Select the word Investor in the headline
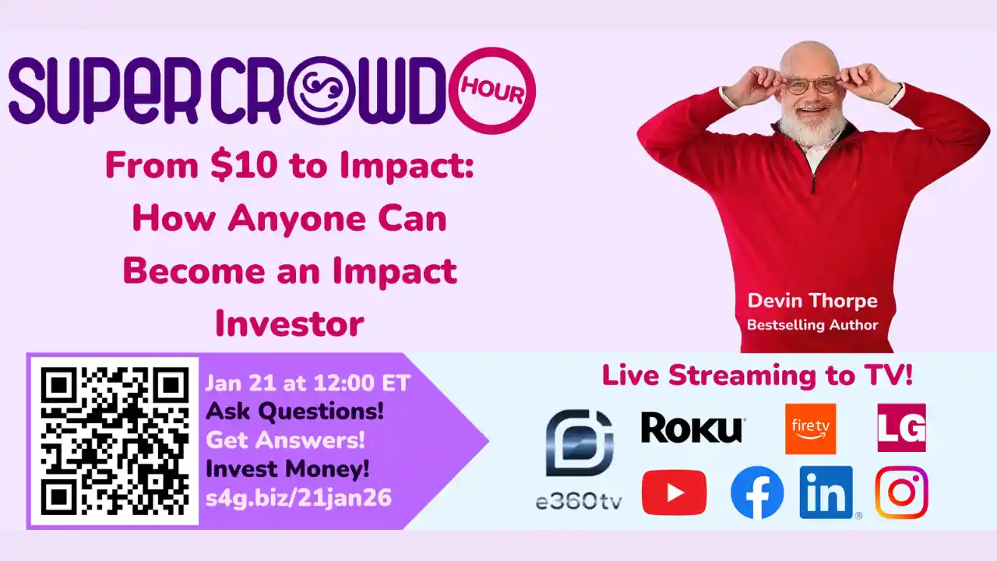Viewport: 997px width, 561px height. tap(290, 323)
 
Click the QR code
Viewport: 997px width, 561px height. tap(114, 441)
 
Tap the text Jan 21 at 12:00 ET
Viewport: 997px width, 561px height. tap(308, 383)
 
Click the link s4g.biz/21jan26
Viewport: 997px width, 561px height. tap(298, 498)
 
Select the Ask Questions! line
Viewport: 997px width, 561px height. tap(294, 411)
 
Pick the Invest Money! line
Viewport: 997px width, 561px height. tap(287, 469)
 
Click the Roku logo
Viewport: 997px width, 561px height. tap(692, 429)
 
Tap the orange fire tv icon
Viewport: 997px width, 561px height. tap(810, 429)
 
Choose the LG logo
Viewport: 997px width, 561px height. tap(901, 428)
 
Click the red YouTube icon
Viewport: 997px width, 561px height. tap(674, 492)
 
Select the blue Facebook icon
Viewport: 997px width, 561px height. tap(757, 493)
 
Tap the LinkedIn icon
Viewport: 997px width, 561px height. tap(826, 492)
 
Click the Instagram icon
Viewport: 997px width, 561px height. tap(901, 492)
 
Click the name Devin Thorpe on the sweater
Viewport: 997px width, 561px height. tap(812, 301)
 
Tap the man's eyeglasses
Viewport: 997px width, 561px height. tap(810, 85)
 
